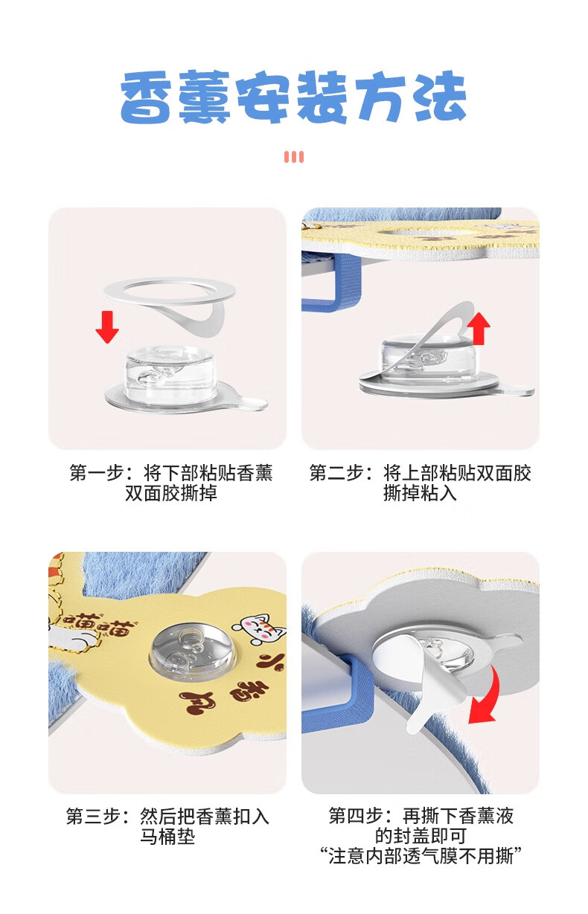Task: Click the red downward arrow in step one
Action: coord(107,326)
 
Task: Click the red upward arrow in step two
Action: coord(479,329)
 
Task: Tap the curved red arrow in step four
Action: coord(487,695)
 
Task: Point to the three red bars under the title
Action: coord(294,157)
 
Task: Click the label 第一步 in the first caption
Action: coord(97,473)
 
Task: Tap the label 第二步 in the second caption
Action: coord(336,473)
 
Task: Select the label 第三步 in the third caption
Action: coord(94,817)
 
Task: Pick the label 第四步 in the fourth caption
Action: coord(356,816)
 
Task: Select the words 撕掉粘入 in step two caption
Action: coord(420,493)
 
